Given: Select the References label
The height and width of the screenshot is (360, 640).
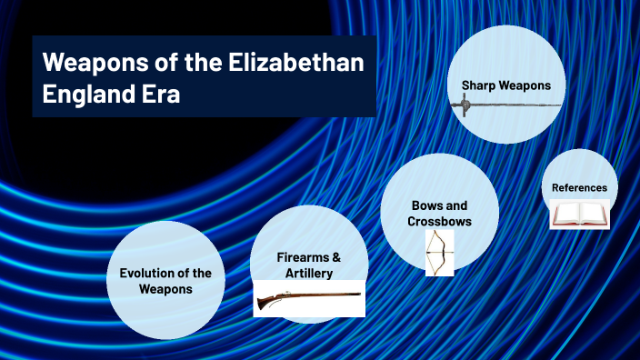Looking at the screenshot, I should [579, 188].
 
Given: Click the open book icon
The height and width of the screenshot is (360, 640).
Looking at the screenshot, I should [579, 215].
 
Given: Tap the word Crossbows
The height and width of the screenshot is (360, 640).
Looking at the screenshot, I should [439, 222].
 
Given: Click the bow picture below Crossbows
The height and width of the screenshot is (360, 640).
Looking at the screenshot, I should [439, 252].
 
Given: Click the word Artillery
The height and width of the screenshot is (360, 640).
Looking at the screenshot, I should [308, 273].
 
